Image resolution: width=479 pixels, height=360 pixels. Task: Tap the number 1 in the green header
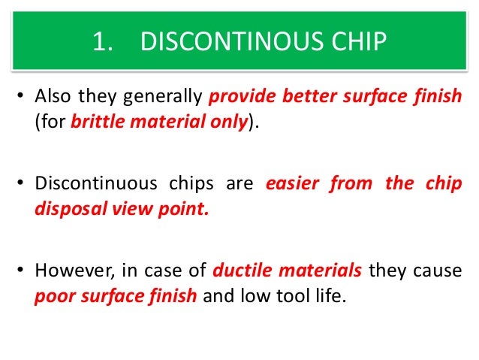[x=98, y=42]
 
